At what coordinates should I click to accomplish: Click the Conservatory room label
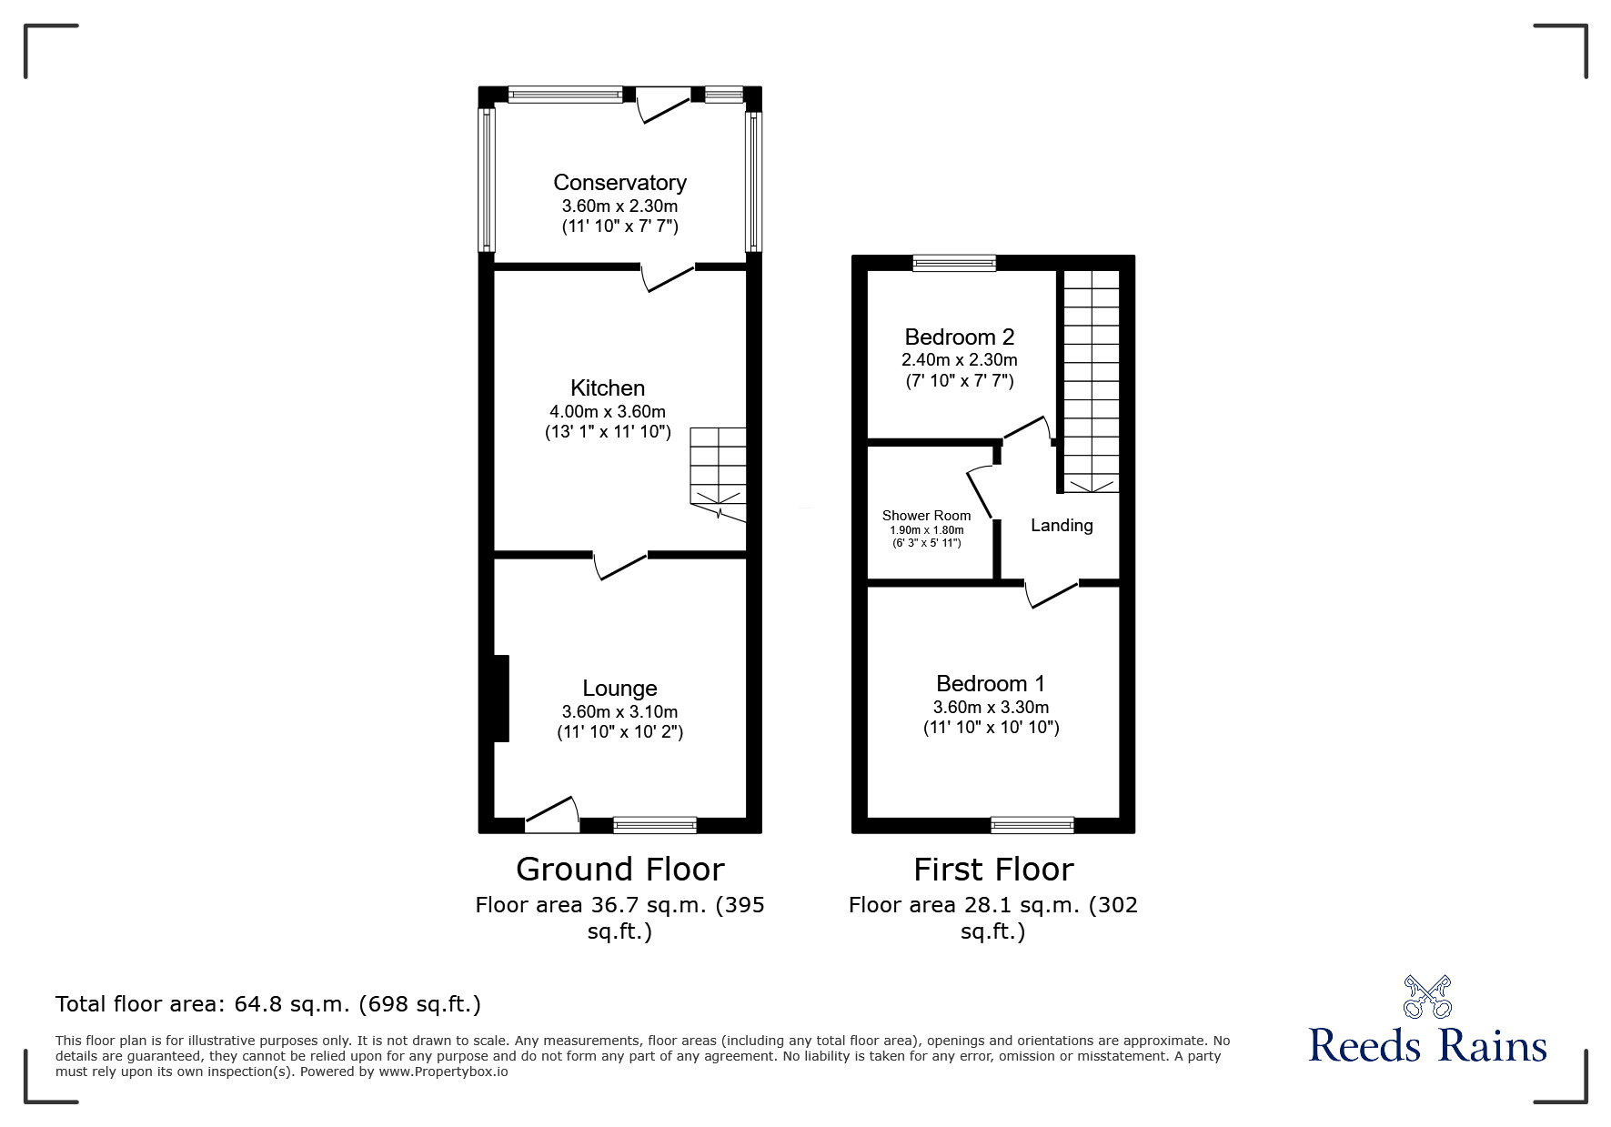[x=619, y=183]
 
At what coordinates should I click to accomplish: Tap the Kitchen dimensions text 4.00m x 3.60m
[x=607, y=412]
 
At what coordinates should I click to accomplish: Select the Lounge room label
[x=619, y=689]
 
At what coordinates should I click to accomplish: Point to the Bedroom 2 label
[x=959, y=337]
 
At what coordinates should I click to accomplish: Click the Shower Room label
[x=926, y=516]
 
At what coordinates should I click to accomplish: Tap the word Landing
[x=1062, y=526]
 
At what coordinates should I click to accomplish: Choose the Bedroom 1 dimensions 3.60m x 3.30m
[x=991, y=707]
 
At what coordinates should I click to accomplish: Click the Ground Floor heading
[x=619, y=870]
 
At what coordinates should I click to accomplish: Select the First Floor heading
[x=992, y=870]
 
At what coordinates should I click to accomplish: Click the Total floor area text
[x=268, y=1004]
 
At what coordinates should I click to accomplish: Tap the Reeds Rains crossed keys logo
[x=1427, y=997]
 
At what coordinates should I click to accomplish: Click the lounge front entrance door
[x=552, y=814]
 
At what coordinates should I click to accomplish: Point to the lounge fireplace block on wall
[x=501, y=698]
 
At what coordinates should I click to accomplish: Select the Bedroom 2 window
[x=954, y=263]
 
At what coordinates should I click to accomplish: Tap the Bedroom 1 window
[x=1032, y=825]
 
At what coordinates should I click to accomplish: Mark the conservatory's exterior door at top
[x=662, y=104]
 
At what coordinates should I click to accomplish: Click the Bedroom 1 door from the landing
[x=1052, y=593]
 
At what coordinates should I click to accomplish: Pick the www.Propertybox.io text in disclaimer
[x=443, y=1072]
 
